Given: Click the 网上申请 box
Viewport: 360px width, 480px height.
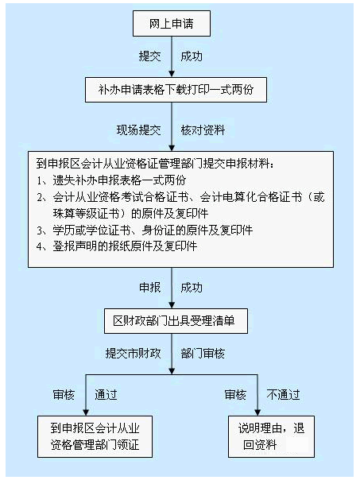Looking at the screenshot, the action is click(x=172, y=23).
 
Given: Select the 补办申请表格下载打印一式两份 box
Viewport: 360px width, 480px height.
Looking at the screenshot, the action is click(x=176, y=90).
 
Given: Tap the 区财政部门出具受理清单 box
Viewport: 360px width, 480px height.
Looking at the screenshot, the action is click(x=176, y=321).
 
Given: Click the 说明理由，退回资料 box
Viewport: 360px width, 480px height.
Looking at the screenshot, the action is click(x=271, y=436).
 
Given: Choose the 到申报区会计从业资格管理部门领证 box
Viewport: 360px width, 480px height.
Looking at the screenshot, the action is click(x=95, y=436).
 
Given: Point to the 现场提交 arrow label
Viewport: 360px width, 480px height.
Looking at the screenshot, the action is click(x=138, y=130).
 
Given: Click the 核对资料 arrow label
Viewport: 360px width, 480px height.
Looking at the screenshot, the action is click(x=203, y=130).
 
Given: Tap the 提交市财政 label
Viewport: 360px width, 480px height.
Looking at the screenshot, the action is click(x=134, y=354).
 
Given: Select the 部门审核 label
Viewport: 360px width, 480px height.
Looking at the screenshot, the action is click(x=203, y=354).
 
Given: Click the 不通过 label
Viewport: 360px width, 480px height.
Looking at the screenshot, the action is click(x=283, y=395).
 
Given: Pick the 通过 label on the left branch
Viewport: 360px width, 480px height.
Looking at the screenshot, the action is click(x=106, y=395).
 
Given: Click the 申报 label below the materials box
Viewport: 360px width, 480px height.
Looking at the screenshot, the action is click(x=150, y=288).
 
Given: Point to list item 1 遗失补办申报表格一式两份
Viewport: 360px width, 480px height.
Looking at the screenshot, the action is click(x=111, y=180).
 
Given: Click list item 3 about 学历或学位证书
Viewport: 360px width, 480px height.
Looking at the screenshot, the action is click(x=145, y=230).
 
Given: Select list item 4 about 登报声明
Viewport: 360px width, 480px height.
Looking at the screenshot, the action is click(x=117, y=246).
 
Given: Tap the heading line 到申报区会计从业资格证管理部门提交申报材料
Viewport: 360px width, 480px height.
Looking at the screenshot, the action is click(x=155, y=164).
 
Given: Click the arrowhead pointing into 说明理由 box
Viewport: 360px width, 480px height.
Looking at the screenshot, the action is click(x=257, y=412).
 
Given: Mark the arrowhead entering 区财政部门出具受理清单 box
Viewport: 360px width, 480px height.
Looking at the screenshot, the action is click(x=172, y=305).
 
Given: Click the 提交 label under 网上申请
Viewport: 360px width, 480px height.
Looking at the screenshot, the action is click(x=149, y=56).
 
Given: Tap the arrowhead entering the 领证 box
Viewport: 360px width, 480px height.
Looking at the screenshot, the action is click(x=86, y=412).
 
